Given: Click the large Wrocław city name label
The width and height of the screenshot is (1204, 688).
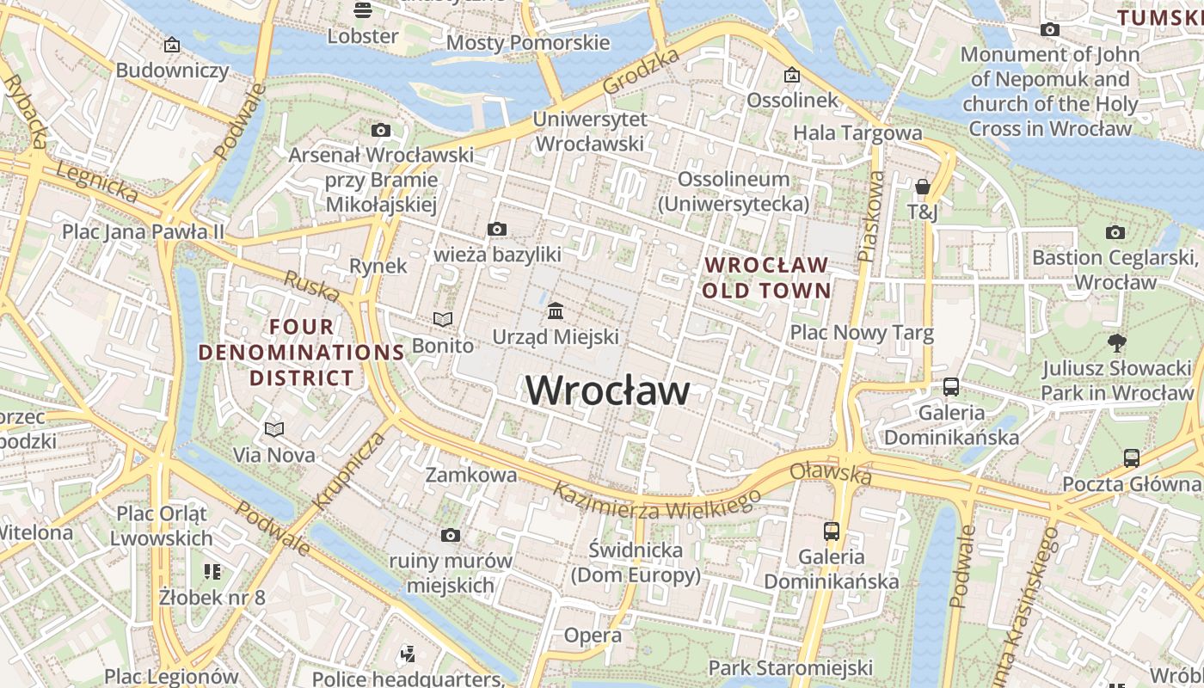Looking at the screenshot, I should [607, 390].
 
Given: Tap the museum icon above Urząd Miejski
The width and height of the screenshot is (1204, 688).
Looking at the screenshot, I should [556, 310].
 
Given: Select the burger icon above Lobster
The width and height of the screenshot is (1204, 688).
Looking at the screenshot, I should [363, 10].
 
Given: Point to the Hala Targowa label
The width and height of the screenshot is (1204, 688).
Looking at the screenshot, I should [857, 132].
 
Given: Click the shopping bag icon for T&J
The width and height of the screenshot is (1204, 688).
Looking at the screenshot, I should [923, 187].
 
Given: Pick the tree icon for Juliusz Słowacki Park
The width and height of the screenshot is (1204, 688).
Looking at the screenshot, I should [1117, 343].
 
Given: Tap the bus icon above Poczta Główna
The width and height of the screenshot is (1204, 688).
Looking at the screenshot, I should [1131, 458].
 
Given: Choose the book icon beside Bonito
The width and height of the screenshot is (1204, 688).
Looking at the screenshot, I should [443, 320].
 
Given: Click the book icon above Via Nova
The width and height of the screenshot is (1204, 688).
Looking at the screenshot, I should [274, 429].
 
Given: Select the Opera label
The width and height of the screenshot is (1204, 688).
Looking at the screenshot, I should [593, 636].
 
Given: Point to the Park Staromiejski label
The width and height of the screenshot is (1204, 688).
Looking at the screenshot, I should [790, 667].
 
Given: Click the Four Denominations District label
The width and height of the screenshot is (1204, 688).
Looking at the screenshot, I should [302, 353].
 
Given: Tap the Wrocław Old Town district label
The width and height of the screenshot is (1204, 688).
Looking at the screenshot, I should [767, 277].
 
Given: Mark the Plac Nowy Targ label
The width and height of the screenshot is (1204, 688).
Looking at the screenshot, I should [862, 333].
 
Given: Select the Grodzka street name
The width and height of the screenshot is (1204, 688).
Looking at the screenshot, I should [641, 71].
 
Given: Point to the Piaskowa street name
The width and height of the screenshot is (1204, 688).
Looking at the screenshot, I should [871, 216].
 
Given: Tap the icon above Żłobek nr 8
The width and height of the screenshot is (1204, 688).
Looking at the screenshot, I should [212, 571].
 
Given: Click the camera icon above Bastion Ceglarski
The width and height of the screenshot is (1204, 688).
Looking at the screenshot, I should [1115, 232].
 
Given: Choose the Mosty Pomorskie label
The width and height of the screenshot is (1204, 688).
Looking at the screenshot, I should [528, 43].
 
